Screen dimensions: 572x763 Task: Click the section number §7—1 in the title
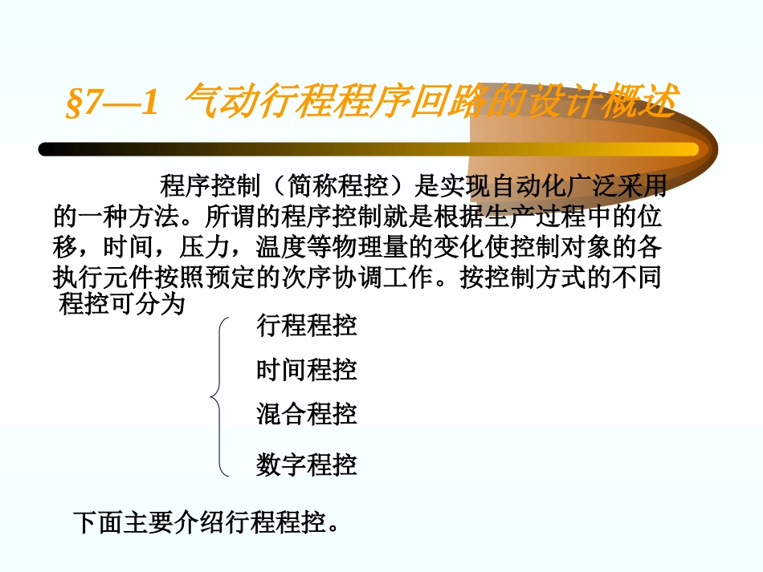coord(110,103)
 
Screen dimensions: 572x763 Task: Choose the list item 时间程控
coord(307,370)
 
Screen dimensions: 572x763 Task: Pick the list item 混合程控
coord(307,414)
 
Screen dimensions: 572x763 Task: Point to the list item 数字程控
coord(307,464)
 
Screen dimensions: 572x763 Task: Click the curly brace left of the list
coord(219,396)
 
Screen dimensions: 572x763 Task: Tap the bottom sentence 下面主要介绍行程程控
coord(205,522)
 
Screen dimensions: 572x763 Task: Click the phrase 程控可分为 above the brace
coord(122,305)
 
